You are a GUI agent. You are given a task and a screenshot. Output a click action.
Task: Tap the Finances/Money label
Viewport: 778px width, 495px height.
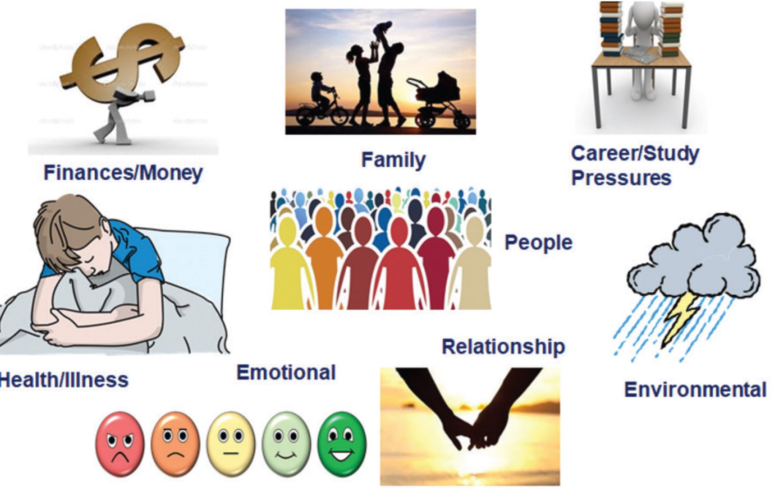click(123, 173)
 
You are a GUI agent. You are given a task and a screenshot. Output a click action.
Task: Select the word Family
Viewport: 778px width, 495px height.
click(393, 160)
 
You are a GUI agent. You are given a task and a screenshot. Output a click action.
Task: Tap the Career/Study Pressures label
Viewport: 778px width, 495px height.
click(634, 166)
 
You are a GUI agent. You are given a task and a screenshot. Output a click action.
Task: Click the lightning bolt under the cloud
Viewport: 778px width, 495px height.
click(682, 319)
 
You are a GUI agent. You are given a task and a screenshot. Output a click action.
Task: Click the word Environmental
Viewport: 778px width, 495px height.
click(695, 390)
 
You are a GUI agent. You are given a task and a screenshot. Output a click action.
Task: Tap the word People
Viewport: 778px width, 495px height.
click(538, 243)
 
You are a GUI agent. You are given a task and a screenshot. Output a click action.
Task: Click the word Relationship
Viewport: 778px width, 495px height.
click(503, 347)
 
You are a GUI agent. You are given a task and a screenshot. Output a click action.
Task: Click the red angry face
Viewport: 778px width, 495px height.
click(120, 444)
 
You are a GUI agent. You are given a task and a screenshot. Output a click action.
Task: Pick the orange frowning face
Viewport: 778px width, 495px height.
click(175, 443)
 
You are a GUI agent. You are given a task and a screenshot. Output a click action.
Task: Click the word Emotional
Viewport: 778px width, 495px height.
click(286, 372)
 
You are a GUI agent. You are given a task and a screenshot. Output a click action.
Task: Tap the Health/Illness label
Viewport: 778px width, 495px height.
click(64, 380)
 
